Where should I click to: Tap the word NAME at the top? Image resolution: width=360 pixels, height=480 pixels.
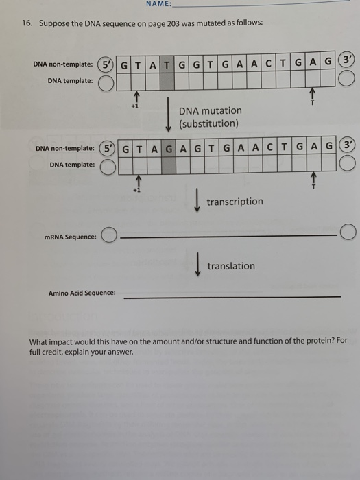(x=158, y=3)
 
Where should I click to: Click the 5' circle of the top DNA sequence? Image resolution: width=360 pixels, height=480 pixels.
(x=106, y=64)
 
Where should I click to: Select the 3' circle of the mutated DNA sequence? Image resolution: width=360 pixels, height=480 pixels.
(x=348, y=145)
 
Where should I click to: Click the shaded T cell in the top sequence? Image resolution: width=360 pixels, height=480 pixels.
(x=167, y=64)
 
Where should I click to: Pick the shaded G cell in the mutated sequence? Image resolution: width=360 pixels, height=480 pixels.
(x=169, y=149)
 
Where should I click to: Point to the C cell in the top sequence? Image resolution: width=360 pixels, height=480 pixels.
(x=269, y=63)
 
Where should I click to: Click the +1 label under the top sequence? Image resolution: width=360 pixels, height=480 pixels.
(x=135, y=106)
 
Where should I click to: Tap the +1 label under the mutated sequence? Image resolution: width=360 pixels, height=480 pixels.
(x=137, y=190)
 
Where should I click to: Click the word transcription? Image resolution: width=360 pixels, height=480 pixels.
(x=235, y=202)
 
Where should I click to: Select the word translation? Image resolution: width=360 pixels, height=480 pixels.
(x=231, y=266)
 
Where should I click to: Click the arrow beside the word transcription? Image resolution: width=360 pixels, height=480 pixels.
(x=197, y=200)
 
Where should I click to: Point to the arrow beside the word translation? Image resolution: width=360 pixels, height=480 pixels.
(x=198, y=264)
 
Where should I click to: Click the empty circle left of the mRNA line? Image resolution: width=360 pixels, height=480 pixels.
(x=109, y=235)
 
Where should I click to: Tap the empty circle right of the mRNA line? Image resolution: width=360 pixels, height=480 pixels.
(x=348, y=232)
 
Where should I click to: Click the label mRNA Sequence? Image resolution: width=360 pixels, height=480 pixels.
(x=71, y=237)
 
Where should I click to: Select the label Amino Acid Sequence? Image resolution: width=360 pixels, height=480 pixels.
(x=82, y=293)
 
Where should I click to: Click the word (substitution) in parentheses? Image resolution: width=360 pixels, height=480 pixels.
(x=208, y=123)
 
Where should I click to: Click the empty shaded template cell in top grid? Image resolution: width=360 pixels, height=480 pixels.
(x=167, y=81)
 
